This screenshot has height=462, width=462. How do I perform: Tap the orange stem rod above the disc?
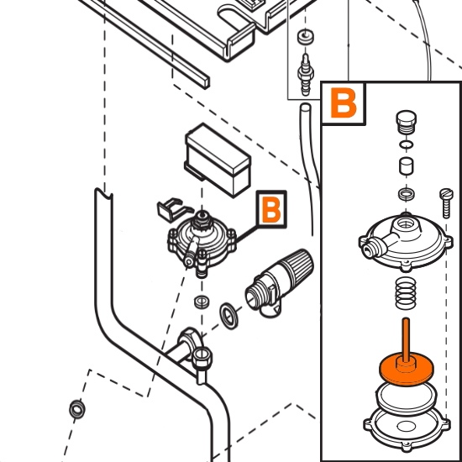click(406, 339)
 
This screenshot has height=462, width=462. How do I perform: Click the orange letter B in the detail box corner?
click(344, 102)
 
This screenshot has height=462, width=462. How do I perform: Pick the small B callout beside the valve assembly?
click(271, 209)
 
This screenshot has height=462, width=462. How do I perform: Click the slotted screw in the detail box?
click(446, 203)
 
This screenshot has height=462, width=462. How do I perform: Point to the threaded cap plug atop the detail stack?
click(406, 122)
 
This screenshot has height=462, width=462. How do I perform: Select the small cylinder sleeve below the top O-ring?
click(406, 167)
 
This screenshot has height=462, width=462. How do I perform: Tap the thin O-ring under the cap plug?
click(406, 144)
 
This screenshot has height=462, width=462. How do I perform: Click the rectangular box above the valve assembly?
click(218, 160)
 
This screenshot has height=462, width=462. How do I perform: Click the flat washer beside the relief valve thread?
click(229, 316)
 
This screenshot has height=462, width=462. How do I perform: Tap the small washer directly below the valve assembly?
click(202, 302)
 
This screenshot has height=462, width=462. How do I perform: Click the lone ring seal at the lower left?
click(77, 409)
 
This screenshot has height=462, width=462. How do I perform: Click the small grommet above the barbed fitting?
click(305, 36)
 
